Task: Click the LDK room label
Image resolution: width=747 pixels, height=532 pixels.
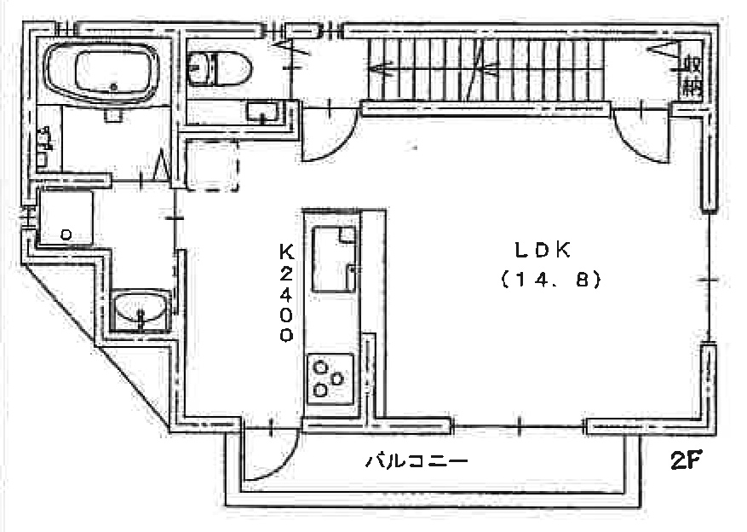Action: pyautogui.click(x=542, y=250)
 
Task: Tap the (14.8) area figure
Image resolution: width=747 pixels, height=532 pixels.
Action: pyautogui.click(x=551, y=280)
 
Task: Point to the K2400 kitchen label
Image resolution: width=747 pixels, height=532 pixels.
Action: pyautogui.click(x=286, y=292)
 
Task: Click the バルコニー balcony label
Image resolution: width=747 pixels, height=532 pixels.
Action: pyautogui.click(x=417, y=461)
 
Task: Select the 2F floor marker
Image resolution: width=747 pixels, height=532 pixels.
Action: pyautogui.click(x=686, y=460)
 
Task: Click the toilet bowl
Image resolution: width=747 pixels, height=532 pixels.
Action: pyautogui.click(x=220, y=70)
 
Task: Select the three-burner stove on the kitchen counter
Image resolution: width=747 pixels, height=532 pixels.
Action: pyautogui.click(x=330, y=379)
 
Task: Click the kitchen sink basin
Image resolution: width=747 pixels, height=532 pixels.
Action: pyautogui.click(x=334, y=259)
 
